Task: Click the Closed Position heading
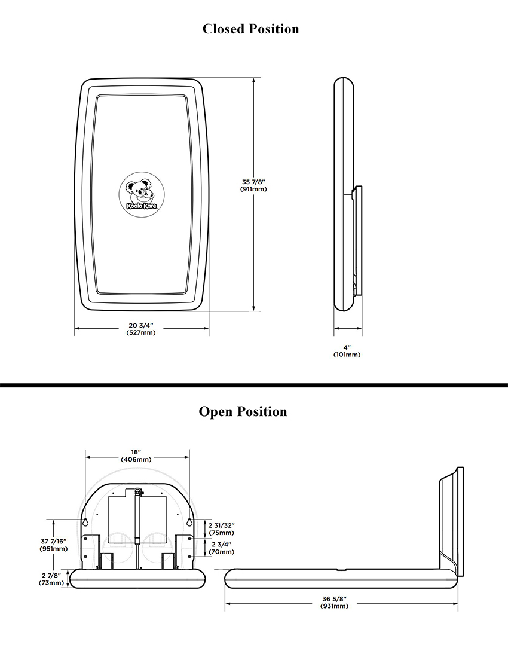[250, 29]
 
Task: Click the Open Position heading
[243, 411]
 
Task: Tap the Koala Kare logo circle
[142, 194]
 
